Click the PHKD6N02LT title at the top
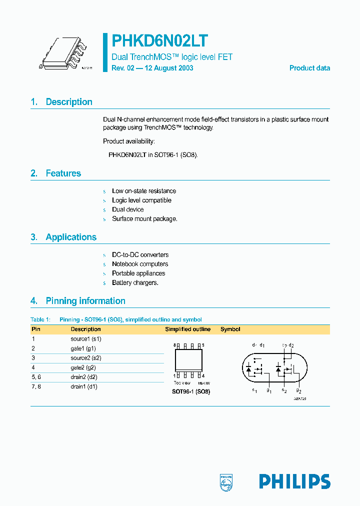160,40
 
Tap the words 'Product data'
309,68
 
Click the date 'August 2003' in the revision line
174,68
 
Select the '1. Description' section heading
61,102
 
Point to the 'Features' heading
63,173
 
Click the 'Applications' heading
71,237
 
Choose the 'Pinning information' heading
85,301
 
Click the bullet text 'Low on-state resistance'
144,191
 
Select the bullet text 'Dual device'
127,209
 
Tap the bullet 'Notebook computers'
140,264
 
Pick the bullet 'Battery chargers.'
135,282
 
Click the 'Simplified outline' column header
188,329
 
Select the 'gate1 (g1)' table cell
83,348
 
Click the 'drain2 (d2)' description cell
84,377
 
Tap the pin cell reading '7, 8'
36,386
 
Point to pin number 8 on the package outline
175,345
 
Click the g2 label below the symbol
298,390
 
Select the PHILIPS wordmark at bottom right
294,481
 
